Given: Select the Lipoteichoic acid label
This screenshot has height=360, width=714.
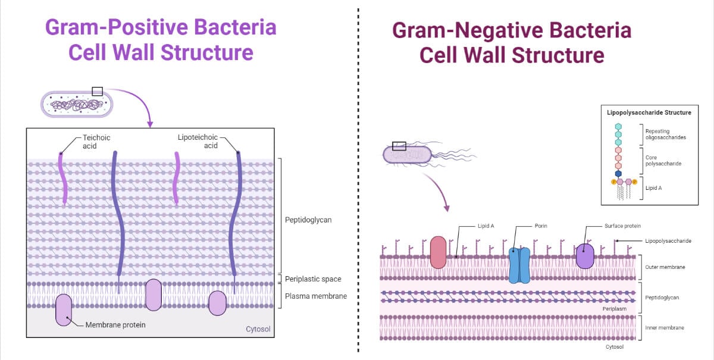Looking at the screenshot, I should [195, 142].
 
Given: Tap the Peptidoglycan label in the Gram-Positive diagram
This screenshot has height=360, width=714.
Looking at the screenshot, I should [308, 220].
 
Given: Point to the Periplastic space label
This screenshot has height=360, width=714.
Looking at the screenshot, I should [313, 278].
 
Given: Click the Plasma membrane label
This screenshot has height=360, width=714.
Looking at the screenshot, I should [315, 296].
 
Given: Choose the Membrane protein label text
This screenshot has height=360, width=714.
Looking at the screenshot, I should [115, 325].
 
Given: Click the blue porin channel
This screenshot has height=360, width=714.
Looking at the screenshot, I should [519, 265].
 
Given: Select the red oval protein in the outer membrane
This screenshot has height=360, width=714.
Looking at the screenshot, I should [438, 252].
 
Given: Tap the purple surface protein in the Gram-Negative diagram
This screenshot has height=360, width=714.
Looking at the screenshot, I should [585, 255].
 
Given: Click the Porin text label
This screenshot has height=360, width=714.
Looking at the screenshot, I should [540, 226].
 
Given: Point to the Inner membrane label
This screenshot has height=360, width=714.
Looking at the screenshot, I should [665, 327].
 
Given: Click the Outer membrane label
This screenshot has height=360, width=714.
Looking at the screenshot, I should [665, 267].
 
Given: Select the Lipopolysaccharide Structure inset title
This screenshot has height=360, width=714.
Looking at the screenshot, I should [649, 112].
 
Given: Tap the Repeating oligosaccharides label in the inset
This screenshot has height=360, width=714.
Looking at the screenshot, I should [665, 134].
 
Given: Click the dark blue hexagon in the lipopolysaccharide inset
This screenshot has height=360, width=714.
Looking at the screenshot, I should [618, 173].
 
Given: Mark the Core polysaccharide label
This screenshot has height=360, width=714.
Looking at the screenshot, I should [662, 160].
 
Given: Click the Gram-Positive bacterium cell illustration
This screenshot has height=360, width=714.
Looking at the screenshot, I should [76, 105].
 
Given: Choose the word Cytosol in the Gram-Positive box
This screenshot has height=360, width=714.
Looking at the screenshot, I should [258, 329].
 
